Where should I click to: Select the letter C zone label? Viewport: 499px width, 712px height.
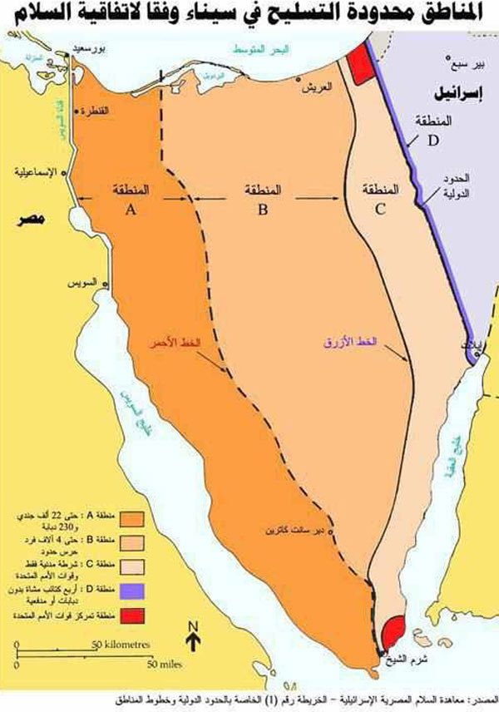click(x=380, y=210)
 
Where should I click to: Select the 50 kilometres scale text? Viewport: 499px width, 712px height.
click(x=121, y=644)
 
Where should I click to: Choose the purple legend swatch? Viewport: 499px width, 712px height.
click(x=132, y=590)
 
